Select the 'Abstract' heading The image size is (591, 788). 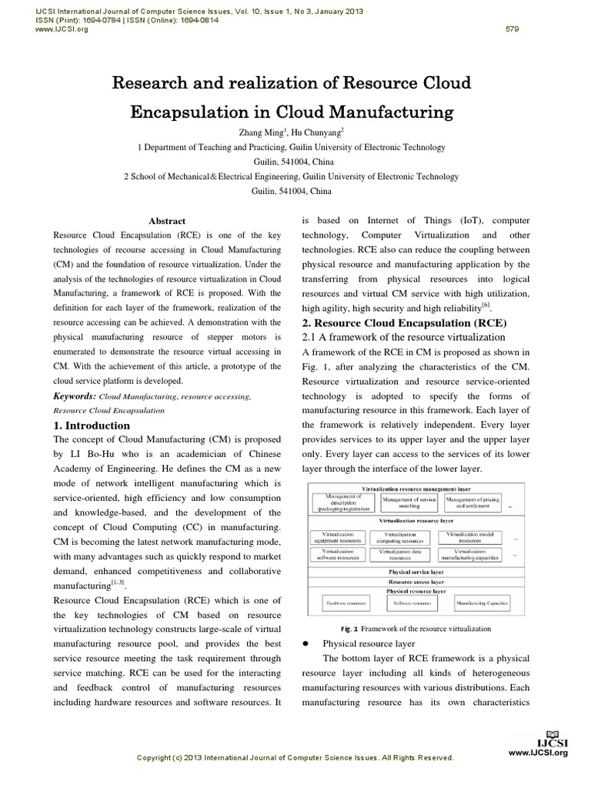point(167,221)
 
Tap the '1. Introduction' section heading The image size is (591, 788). point(92,426)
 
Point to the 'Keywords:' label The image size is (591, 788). point(75,396)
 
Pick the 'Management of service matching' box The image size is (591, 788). point(409,503)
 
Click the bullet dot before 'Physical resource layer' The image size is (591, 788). point(307,644)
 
